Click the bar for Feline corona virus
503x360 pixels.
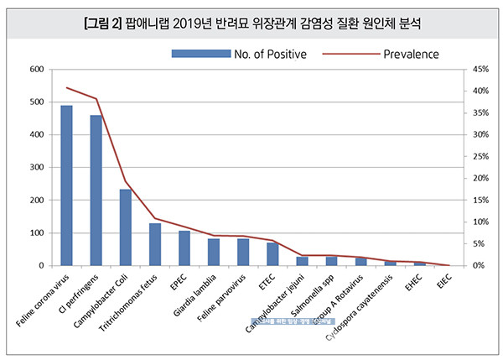pyautogui.click(x=66, y=185)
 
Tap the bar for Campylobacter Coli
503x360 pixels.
pyautogui.click(x=125, y=227)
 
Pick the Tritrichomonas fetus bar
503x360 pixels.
pyautogui.click(x=154, y=244)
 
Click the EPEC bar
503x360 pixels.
pyautogui.click(x=184, y=248)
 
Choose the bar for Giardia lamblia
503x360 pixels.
pyautogui.click(x=214, y=253)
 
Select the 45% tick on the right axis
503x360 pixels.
pyautogui.click(x=480, y=69)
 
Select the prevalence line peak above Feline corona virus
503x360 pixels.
pyautogui.click(x=66, y=87)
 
